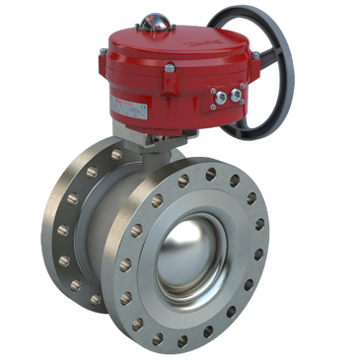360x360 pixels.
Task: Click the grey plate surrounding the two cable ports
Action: (x=224, y=94)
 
